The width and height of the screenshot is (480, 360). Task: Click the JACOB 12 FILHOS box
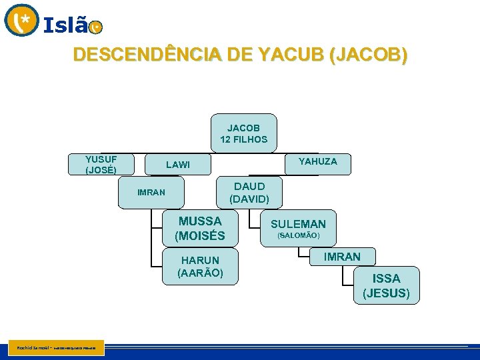[243, 133]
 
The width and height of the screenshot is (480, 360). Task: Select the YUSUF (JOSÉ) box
[101, 164]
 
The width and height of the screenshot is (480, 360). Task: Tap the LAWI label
[177, 165]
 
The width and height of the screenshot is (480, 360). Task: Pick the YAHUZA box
[317, 162]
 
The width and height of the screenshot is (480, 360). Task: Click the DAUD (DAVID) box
[249, 193]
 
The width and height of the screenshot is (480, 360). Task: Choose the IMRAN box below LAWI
[151, 193]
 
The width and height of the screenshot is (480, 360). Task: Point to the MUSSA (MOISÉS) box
[200, 228]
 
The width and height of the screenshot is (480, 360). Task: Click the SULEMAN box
[298, 229]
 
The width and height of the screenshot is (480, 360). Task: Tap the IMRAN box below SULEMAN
[342, 257]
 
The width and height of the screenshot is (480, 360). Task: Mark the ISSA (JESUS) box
[387, 285]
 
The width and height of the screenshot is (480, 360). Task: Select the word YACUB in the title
[290, 55]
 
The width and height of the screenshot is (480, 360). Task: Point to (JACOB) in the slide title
[367, 55]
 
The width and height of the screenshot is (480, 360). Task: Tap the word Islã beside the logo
[65, 26]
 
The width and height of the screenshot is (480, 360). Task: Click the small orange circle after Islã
[96, 27]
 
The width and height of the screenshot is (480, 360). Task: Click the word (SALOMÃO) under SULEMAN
[298, 236]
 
